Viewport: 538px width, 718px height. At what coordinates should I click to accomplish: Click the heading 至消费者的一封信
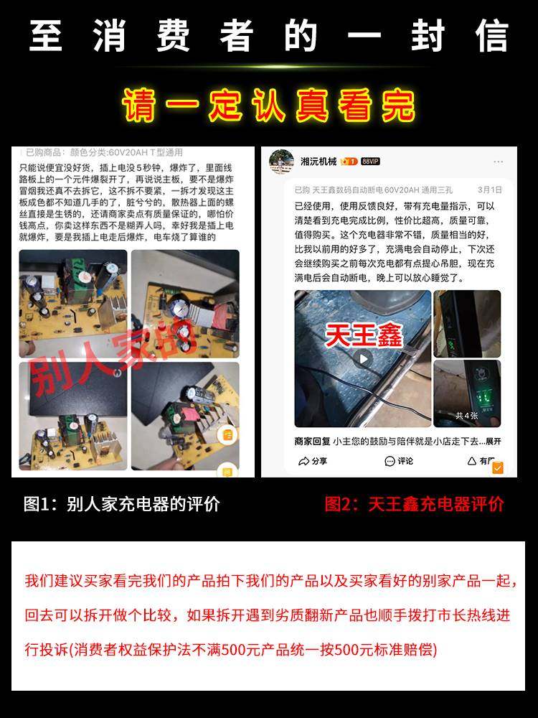pyautogui.click(x=269, y=36)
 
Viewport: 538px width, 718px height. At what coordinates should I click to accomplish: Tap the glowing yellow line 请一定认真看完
pyautogui.click(x=269, y=106)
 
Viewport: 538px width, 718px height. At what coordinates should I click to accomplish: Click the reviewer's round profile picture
pyautogui.click(x=281, y=162)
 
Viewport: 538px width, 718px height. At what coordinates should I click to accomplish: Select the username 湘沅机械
pyautogui.click(x=318, y=162)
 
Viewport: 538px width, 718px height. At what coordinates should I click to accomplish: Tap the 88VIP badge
pyautogui.click(x=370, y=162)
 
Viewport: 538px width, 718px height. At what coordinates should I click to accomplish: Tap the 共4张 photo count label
pyautogui.click(x=466, y=415)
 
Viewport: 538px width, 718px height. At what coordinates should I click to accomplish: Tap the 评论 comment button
pyautogui.click(x=399, y=461)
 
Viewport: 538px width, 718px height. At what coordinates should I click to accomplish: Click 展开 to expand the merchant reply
pyautogui.click(x=493, y=441)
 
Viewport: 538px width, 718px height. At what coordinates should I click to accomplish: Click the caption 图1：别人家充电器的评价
pyautogui.click(x=122, y=504)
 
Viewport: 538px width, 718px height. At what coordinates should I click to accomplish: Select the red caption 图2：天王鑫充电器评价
pyautogui.click(x=414, y=504)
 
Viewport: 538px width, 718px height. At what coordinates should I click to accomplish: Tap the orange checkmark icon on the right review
pyautogui.click(x=498, y=467)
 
